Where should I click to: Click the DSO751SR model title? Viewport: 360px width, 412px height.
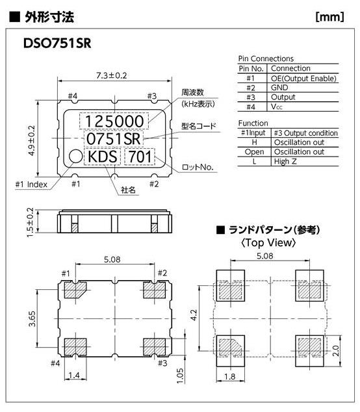pyautogui.click(x=57, y=44)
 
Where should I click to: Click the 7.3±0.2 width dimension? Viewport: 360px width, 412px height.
pyautogui.click(x=111, y=75)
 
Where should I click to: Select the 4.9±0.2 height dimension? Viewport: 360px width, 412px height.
pyautogui.click(x=31, y=140)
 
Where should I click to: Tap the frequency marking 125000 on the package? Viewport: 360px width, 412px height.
pyautogui.click(x=114, y=121)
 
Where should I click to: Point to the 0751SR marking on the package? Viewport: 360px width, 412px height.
pyautogui.click(x=113, y=138)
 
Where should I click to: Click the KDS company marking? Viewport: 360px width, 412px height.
pyautogui.click(x=102, y=157)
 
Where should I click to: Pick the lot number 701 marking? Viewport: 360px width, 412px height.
pyautogui.click(x=140, y=157)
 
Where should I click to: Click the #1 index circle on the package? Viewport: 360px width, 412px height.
pyautogui.click(x=76, y=157)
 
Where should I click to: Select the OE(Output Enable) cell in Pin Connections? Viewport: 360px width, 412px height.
pyautogui.click(x=303, y=78)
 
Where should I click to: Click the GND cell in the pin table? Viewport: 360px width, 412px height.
pyautogui.click(x=279, y=88)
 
